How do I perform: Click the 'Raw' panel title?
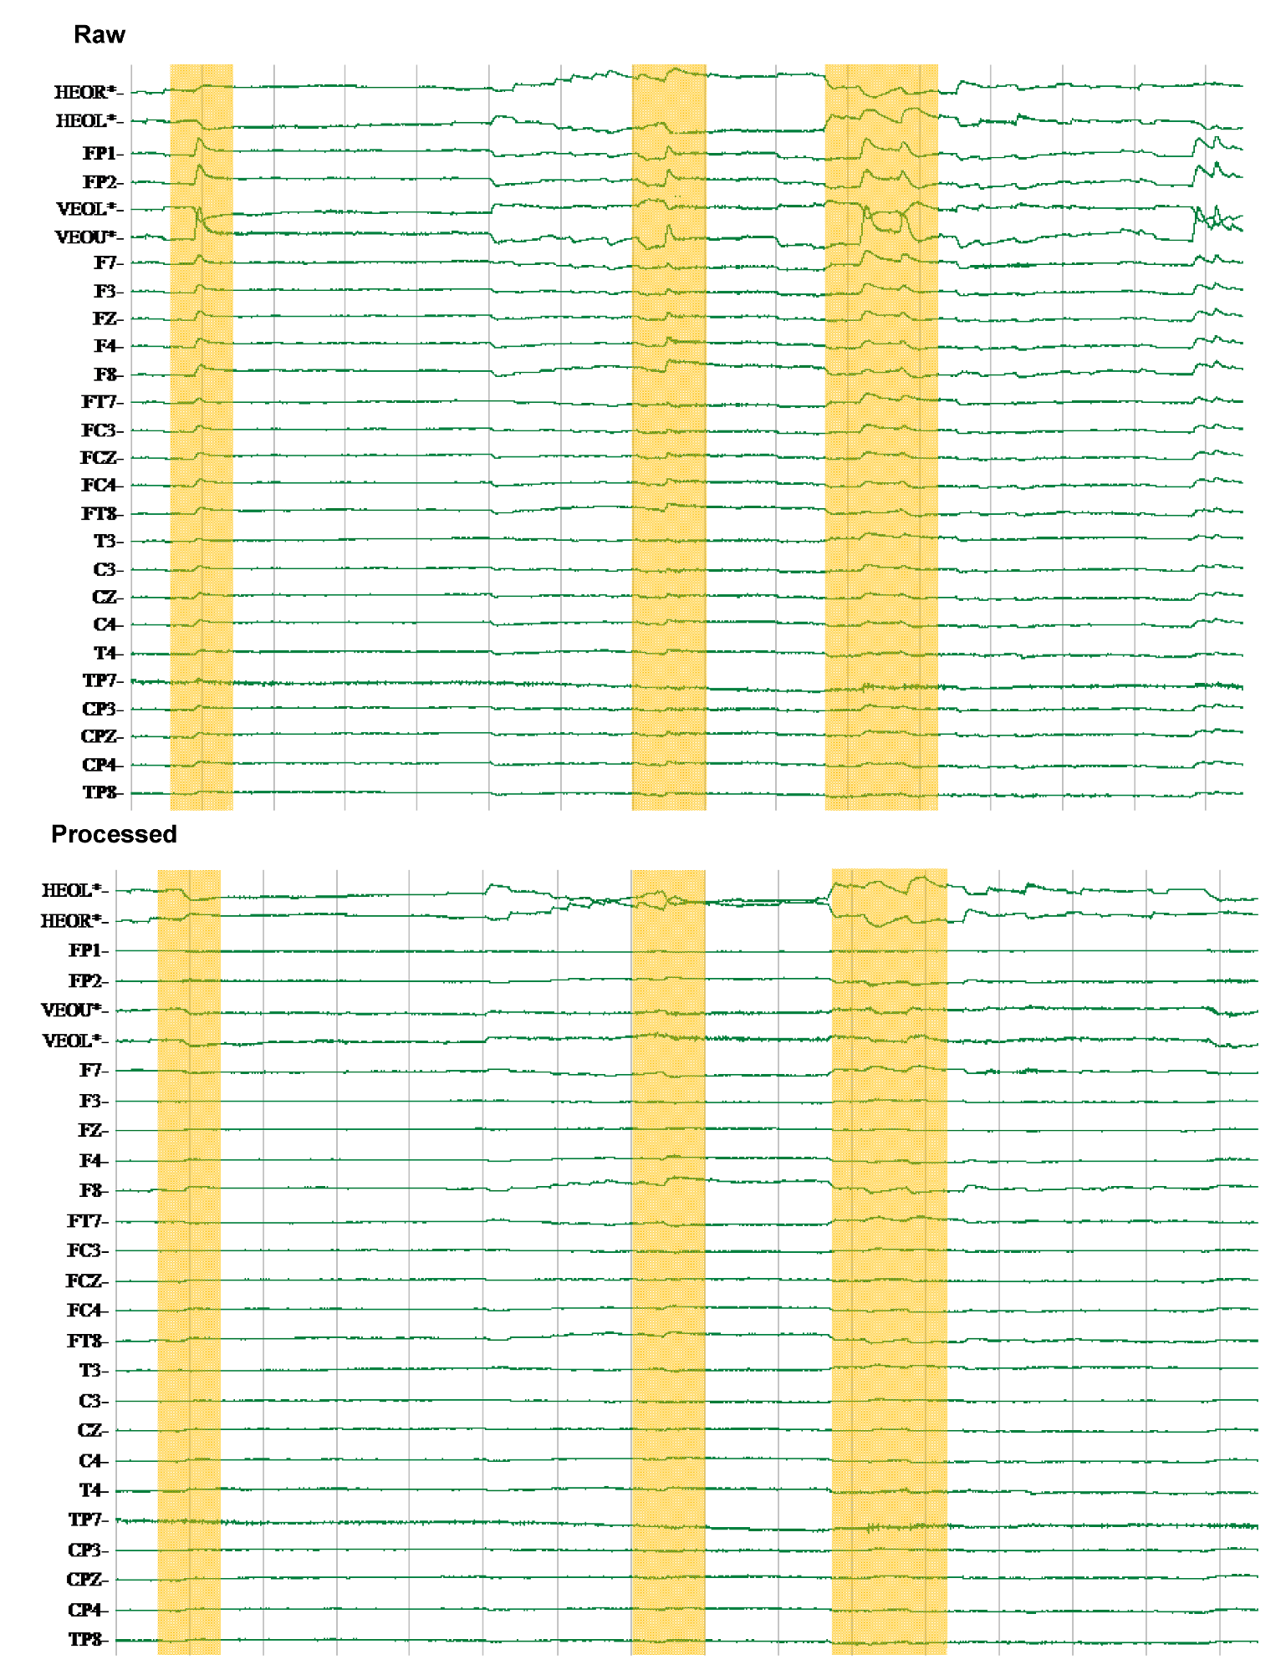pyautogui.click(x=99, y=34)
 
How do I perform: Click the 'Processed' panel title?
pyautogui.click(x=114, y=834)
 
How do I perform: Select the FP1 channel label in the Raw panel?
pyautogui.click(x=100, y=153)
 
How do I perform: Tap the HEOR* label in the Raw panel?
pyautogui.click(x=84, y=92)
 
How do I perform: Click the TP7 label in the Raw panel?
pyautogui.click(x=100, y=681)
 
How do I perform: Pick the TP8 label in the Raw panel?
pyautogui.click(x=100, y=792)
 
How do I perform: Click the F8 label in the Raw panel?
pyautogui.click(x=105, y=374)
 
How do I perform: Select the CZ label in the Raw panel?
pyautogui.click(x=105, y=597)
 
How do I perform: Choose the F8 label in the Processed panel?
pyautogui.click(x=91, y=1190)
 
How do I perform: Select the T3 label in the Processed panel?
pyautogui.click(x=91, y=1371)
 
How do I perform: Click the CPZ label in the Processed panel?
pyautogui.click(x=85, y=1580)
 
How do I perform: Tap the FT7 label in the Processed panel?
pyautogui.click(x=85, y=1221)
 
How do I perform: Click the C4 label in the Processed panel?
pyautogui.click(x=91, y=1461)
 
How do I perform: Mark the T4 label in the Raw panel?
pyautogui.click(x=105, y=653)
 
